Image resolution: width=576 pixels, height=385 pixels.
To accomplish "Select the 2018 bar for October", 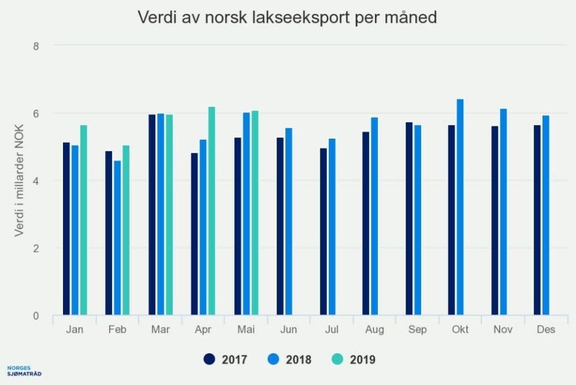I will pos(460,207).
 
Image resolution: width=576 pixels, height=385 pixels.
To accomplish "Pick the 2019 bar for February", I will pos(126,230).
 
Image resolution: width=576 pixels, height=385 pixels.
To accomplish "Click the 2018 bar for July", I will pos(332,227).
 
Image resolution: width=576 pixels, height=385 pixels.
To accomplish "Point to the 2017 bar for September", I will pos(409,219).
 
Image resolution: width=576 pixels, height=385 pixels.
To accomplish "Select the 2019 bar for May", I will pos(255,213).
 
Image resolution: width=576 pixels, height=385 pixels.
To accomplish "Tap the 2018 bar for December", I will pos(546,215).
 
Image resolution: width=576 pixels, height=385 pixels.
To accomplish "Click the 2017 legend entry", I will pos(226,360).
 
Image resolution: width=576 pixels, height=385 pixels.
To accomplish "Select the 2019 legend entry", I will pos(355,360).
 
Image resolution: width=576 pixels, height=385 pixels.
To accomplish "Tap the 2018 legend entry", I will pos(290,360).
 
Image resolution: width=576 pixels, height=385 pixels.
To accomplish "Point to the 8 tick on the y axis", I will pos(35,46).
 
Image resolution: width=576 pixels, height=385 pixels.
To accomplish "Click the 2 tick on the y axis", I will pos(35,248).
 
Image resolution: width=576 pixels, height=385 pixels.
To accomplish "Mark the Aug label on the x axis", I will pos(374,330).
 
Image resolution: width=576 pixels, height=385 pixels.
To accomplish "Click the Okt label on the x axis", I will pos(460,330).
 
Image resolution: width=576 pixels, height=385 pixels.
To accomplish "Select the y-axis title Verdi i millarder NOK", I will pos(20,180).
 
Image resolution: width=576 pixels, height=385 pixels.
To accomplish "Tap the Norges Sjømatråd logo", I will pos(24,371).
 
